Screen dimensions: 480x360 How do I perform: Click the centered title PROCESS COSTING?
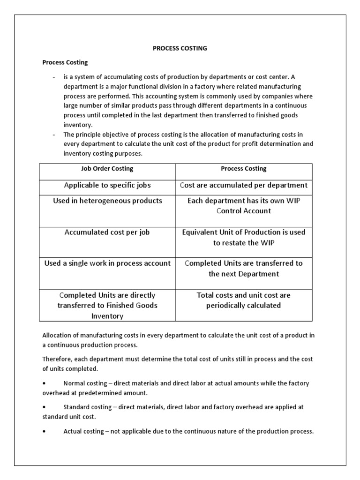pos(180,48)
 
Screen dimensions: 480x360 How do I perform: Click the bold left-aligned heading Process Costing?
pos(65,62)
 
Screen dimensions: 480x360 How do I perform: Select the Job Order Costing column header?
pos(107,168)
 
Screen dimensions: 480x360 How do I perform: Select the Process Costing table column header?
pos(243,168)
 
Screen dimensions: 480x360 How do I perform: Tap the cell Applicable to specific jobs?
pos(107,185)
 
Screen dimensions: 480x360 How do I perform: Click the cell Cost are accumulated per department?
pos(243,185)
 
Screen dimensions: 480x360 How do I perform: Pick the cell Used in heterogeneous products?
pos(107,201)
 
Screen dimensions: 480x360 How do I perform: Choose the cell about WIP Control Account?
pos(243,206)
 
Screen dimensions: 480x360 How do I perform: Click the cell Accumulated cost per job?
pos(107,232)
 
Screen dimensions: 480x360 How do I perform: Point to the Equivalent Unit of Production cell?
pos(243,237)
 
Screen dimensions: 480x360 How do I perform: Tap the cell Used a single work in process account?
pos(107,263)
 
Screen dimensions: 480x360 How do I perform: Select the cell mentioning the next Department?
pos(243,268)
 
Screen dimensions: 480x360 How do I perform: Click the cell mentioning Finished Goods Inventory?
pos(107,306)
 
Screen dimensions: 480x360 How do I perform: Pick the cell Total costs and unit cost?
pos(243,300)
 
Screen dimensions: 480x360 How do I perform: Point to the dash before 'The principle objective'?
pos(54,135)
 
